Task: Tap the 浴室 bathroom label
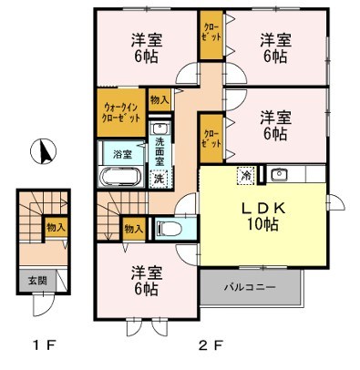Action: tap(121, 154)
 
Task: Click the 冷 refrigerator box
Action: tap(245, 174)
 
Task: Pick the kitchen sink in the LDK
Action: tap(279, 173)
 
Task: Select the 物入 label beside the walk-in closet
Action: tap(159, 98)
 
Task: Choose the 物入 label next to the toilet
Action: tap(133, 228)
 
